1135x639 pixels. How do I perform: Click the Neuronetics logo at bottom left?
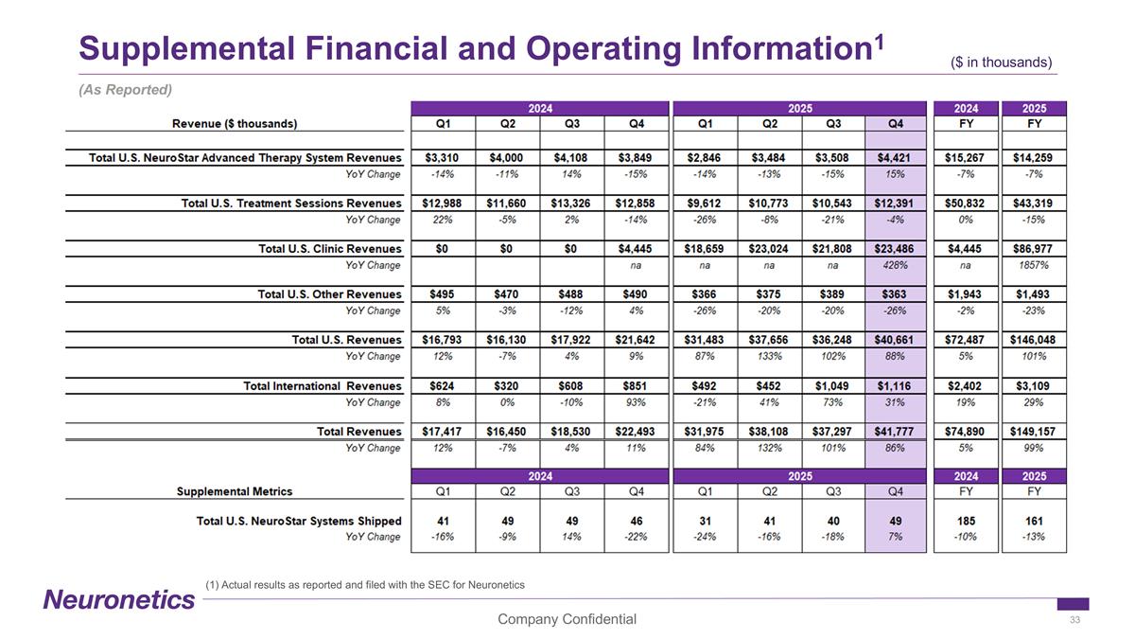pos(119,599)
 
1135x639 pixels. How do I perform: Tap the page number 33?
pos(1074,620)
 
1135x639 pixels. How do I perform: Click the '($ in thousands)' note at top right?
pos(1002,62)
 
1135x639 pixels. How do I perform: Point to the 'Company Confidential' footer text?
pos(567,620)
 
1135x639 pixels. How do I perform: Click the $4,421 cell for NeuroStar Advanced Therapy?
pos(894,157)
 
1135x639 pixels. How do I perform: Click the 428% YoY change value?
pos(894,266)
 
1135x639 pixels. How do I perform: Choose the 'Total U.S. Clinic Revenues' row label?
pos(330,249)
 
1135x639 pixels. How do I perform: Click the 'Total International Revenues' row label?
pos(323,386)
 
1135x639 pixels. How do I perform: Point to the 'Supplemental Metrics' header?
pos(235,491)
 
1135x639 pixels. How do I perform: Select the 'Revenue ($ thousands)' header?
pos(235,123)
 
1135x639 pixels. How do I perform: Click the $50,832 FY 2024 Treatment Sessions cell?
pos(963,204)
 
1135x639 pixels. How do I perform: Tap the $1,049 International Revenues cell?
pos(833,386)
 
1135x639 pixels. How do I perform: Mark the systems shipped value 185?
pos(963,521)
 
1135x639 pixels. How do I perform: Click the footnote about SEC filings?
pos(364,585)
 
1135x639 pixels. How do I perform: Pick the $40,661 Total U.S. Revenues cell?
pos(894,341)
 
